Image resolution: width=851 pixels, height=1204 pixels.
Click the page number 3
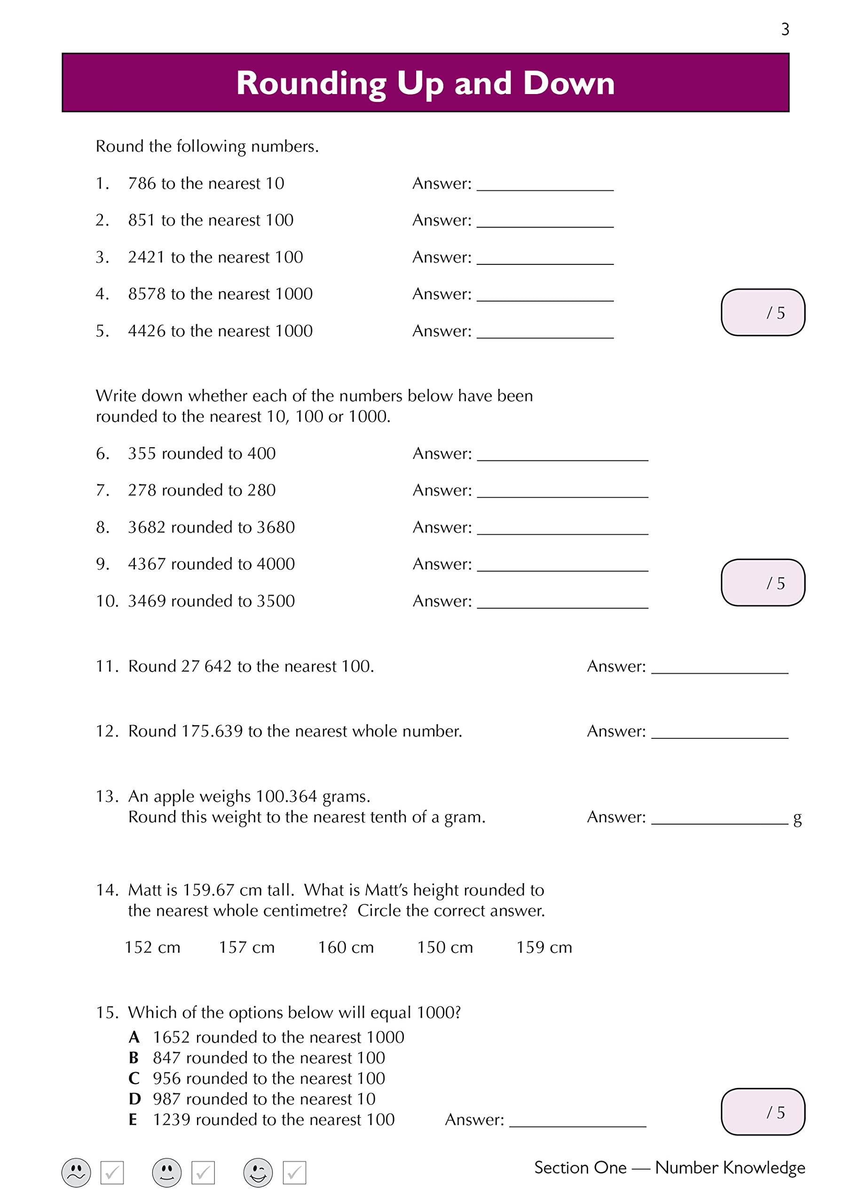pyautogui.click(x=784, y=29)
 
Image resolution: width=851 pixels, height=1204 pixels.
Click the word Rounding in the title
pyautogui.click(x=311, y=83)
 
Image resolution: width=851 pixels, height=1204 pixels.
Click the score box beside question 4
pyautogui.click(x=763, y=313)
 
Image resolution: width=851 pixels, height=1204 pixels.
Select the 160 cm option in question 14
pyautogui.click(x=346, y=948)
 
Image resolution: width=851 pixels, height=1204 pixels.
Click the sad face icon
pyautogui.click(x=76, y=1173)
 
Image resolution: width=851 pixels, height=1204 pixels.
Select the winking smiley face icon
pyautogui.click(x=258, y=1173)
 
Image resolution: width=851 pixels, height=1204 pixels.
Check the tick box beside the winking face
pyautogui.click(x=294, y=1173)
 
